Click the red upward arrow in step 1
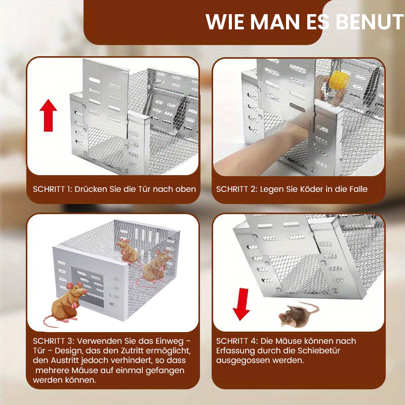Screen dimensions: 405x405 (x=48, y=115)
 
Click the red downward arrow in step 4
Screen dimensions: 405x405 (x=241, y=304)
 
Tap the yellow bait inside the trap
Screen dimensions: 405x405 (x=339, y=80)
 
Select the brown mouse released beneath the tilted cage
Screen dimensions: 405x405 (x=299, y=314)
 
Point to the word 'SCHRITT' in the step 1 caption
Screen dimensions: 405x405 (x=49, y=189)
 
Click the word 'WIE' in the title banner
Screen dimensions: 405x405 (x=225, y=22)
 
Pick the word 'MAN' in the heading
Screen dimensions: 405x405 (x=275, y=22)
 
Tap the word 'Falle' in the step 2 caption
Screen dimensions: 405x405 (x=358, y=189)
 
